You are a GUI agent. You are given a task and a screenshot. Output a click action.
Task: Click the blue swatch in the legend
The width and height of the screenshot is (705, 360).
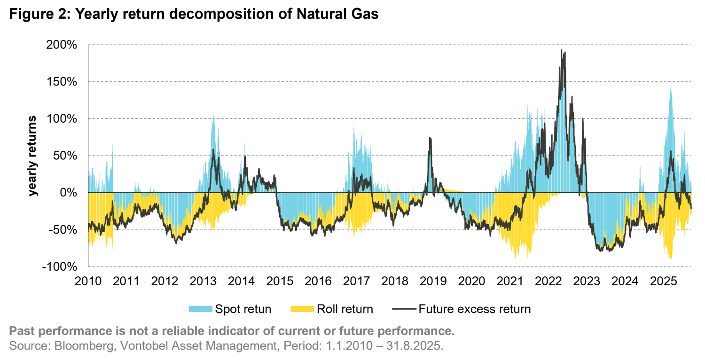click(x=201, y=308)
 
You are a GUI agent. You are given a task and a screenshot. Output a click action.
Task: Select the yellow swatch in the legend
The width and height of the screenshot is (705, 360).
click(x=302, y=308)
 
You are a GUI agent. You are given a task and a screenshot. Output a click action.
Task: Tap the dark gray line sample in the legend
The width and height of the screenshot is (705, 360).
click(x=404, y=310)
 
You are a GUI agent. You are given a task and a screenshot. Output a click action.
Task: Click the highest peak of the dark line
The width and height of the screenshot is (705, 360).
click(x=563, y=51)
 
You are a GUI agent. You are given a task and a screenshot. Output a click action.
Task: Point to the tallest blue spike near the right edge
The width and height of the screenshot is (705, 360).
click(x=671, y=82)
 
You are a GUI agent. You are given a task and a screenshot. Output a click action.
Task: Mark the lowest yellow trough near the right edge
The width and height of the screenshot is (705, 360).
click(x=671, y=261)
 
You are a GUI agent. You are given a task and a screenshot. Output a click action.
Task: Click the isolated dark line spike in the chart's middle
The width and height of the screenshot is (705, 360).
click(x=430, y=137)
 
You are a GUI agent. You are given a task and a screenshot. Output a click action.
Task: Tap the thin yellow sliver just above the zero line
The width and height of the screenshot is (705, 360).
click(x=454, y=190)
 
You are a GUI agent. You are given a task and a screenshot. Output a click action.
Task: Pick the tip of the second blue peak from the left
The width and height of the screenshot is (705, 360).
click(x=212, y=114)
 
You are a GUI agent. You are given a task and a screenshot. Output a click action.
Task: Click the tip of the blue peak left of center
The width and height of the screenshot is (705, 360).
click(x=355, y=121)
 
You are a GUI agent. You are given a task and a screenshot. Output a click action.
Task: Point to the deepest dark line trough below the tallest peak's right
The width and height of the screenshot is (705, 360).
click(x=608, y=254)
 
